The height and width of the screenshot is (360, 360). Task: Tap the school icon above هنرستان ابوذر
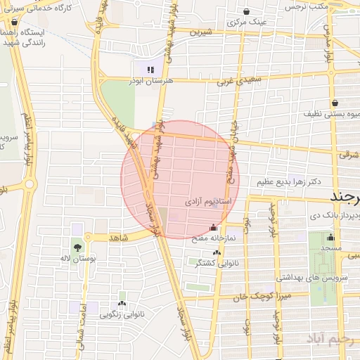point(150,70)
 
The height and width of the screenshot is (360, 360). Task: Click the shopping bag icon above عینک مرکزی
point(247,11)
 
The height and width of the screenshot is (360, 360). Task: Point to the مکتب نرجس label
point(308,6)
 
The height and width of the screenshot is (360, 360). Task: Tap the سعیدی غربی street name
point(233,82)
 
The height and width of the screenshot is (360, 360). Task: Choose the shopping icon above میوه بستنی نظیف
point(335,101)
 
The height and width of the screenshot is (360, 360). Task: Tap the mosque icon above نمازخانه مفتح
point(214,227)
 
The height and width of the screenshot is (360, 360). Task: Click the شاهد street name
point(119,238)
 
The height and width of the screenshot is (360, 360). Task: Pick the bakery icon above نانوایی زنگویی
point(123,304)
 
